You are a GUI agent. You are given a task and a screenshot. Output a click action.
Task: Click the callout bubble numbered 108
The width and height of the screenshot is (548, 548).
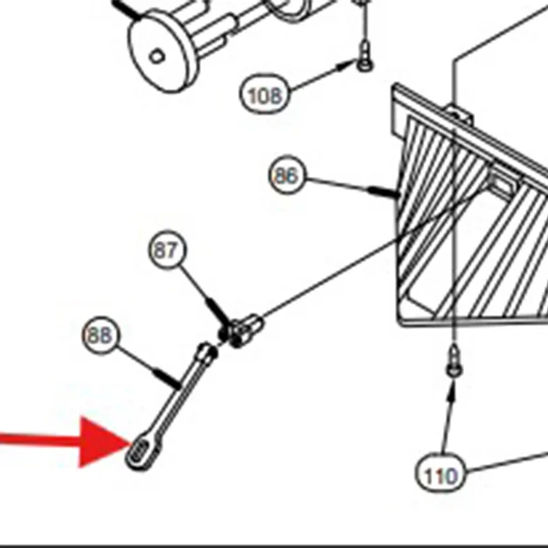265,94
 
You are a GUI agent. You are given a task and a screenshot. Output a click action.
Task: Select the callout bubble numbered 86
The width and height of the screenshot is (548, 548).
287,174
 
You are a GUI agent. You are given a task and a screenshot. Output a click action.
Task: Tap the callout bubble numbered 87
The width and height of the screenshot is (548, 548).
167,249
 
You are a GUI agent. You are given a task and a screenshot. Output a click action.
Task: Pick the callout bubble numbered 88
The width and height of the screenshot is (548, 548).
101,335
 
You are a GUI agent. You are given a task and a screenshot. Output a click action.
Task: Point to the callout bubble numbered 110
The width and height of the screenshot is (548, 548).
441,473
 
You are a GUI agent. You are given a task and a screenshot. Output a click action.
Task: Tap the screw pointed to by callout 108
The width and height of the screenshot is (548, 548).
365,56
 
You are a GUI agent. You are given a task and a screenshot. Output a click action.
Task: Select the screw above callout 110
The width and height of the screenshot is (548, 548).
454,361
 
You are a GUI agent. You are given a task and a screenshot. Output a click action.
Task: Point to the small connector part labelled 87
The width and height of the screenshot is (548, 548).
241,330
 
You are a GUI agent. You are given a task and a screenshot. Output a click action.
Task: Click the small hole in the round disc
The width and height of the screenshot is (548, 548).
157,57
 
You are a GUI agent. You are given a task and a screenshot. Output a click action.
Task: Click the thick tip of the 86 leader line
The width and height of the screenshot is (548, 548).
384,192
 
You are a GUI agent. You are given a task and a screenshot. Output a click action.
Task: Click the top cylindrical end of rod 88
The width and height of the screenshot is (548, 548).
207,351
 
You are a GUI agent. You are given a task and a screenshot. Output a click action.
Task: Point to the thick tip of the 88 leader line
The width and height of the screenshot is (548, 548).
167,379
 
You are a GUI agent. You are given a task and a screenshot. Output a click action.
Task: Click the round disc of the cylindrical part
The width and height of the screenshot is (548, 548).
161,50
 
